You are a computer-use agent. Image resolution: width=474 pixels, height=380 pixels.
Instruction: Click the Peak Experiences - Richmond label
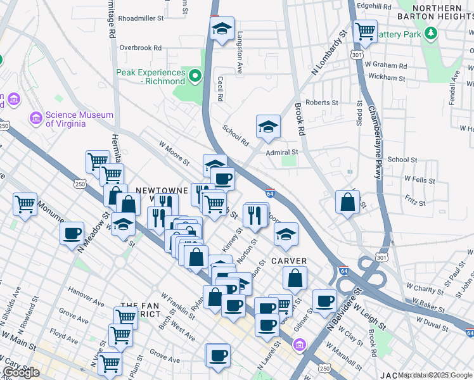click(x=151, y=77)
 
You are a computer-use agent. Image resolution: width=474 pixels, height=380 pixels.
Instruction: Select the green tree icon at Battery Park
click(x=431, y=33)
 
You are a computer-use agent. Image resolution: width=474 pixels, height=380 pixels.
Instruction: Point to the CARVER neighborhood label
click(x=289, y=261)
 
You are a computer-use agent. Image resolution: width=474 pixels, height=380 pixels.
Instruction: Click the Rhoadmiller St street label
click(x=141, y=18)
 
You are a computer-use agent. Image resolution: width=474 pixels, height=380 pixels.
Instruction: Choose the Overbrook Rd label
click(x=141, y=47)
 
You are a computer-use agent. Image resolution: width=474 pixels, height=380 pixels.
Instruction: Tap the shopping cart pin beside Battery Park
click(x=365, y=30)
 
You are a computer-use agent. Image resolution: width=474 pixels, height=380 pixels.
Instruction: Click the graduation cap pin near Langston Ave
click(x=222, y=29)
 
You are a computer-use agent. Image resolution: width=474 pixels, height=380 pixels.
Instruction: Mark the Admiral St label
click(x=282, y=153)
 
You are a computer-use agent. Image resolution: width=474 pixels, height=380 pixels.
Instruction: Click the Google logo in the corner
click(x=21, y=372)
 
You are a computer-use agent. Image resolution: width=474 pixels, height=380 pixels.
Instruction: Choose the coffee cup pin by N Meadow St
click(x=72, y=233)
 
